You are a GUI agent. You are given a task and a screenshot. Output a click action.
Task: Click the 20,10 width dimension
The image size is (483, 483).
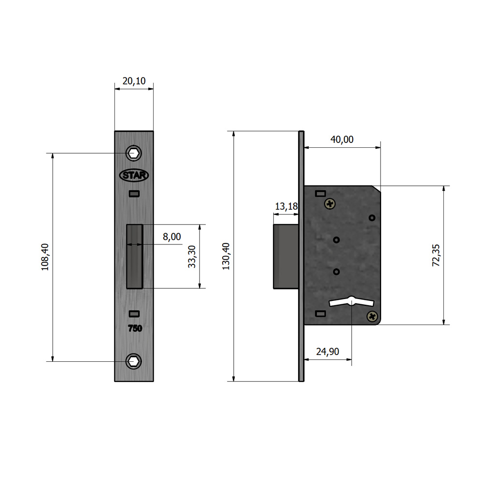click(134, 81)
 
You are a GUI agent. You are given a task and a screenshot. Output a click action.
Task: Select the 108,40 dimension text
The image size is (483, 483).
click(45, 257)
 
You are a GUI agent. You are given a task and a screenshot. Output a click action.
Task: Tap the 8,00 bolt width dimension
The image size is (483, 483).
click(172, 237)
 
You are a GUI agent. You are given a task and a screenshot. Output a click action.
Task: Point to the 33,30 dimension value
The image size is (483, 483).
click(192, 256)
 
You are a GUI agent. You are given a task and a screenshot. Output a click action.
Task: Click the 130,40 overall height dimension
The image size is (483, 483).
click(226, 256)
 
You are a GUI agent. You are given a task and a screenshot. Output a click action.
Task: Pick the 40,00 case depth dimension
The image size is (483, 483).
click(342, 140)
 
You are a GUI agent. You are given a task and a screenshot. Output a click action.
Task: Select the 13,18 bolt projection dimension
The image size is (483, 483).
click(286, 206)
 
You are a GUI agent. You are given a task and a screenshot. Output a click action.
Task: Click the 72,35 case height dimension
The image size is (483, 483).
click(436, 256)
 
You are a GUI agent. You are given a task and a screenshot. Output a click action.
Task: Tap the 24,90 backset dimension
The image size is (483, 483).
click(327, 352)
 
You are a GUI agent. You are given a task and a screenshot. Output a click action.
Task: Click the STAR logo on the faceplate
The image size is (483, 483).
click(134, 175)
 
